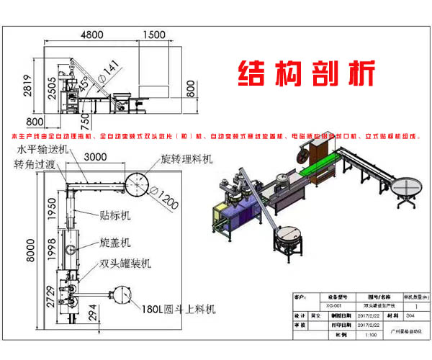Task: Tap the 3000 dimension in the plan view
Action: tap(96, 158)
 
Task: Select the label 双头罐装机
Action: tap(126, 264)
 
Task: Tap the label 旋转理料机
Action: tap(186, 158)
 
